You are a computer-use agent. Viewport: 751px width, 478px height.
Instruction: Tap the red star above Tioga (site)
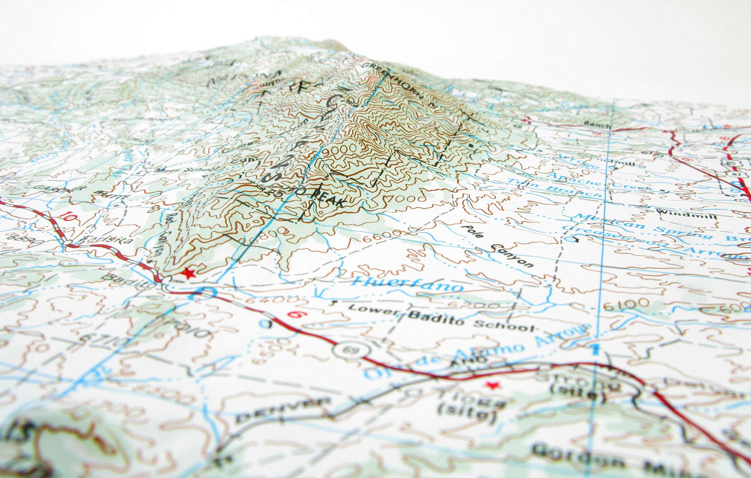tap(493, 385)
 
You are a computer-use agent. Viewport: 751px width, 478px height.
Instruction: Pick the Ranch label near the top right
tap(597, 125)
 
